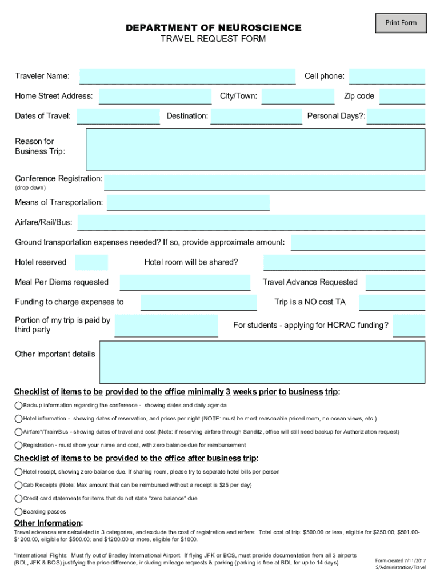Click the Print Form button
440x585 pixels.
401,23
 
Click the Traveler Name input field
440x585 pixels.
187,77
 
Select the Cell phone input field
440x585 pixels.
387,77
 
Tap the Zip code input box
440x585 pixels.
402,97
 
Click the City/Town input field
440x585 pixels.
298,97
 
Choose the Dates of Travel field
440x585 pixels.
118,117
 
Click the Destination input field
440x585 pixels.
256,117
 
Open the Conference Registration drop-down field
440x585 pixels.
265,183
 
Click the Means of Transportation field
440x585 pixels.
188,203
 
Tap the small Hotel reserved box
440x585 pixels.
91,263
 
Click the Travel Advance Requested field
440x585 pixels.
395,283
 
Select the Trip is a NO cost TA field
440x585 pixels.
392,303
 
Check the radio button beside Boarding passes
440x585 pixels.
18,512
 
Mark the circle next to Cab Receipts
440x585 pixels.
18,485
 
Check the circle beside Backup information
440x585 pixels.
18,406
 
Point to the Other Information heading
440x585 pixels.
49,523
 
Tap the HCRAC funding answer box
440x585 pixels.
409,326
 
